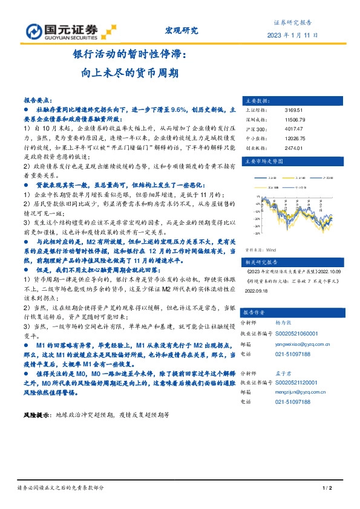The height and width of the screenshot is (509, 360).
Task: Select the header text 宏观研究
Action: pyautogui.click(x=182, y=30)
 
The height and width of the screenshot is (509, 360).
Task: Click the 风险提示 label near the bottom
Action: pyautogui.click(x=37, y=416)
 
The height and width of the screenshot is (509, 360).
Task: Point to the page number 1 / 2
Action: pyautogui.click(x=328, y=488)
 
